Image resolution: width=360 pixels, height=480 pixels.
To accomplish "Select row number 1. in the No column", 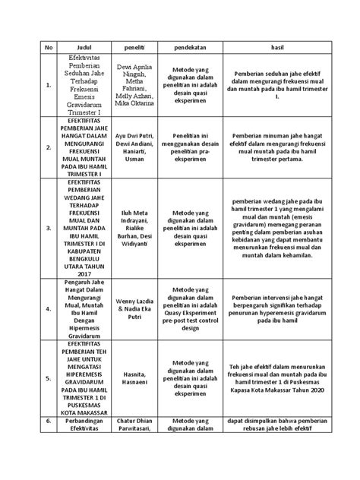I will [28, 86].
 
